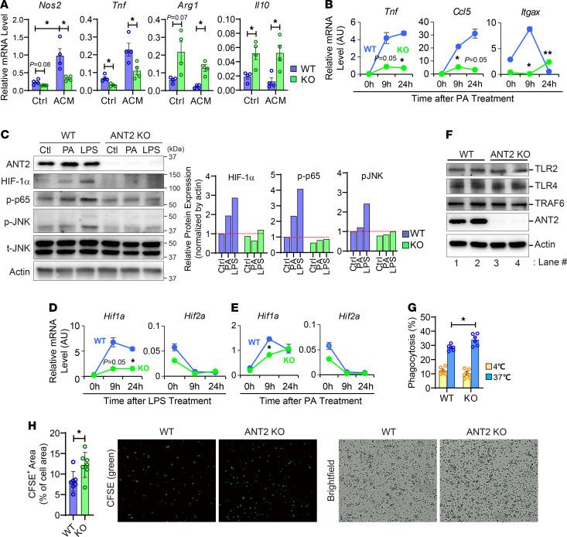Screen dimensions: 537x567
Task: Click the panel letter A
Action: pyautogui.click(x=5, y=7)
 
